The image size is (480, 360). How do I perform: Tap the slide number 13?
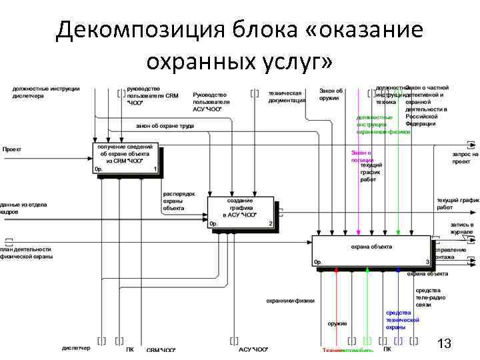(x=444, y=344)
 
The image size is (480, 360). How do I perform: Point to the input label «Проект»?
(x=12, y=149)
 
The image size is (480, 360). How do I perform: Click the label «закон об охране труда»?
(x=165, y=125)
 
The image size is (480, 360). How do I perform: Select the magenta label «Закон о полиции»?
(x=361, y=156)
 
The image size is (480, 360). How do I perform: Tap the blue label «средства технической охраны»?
(x=402, y=320)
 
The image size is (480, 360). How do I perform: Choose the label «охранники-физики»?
(x=290, y=301)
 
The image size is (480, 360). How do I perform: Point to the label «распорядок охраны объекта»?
(x=179, y=201)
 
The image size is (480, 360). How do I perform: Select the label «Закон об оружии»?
(x=331, y=94)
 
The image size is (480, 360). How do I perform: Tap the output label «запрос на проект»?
(x=465, y=158)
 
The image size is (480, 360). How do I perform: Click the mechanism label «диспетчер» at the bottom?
(x=76, y=349)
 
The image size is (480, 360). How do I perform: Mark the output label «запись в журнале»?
(x=461, y=229)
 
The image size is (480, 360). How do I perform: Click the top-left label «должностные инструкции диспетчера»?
(x=45, y=92)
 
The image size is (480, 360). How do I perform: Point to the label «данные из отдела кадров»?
(x=23, y=208)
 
